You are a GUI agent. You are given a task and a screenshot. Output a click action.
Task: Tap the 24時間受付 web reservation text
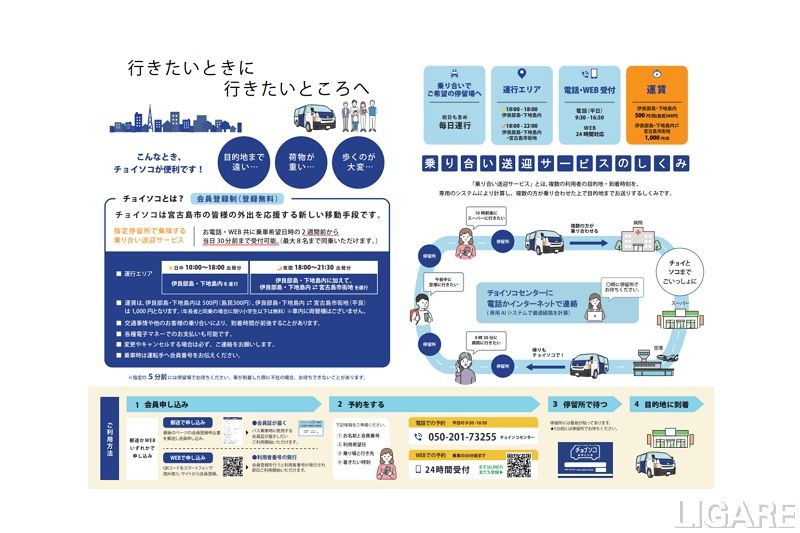pos(447,467)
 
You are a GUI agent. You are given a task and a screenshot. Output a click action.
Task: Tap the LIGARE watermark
pos(734,513)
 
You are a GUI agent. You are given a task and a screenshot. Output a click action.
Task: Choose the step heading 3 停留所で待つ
pos(579,405)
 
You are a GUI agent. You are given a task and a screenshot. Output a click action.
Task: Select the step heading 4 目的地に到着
pos(666,405)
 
